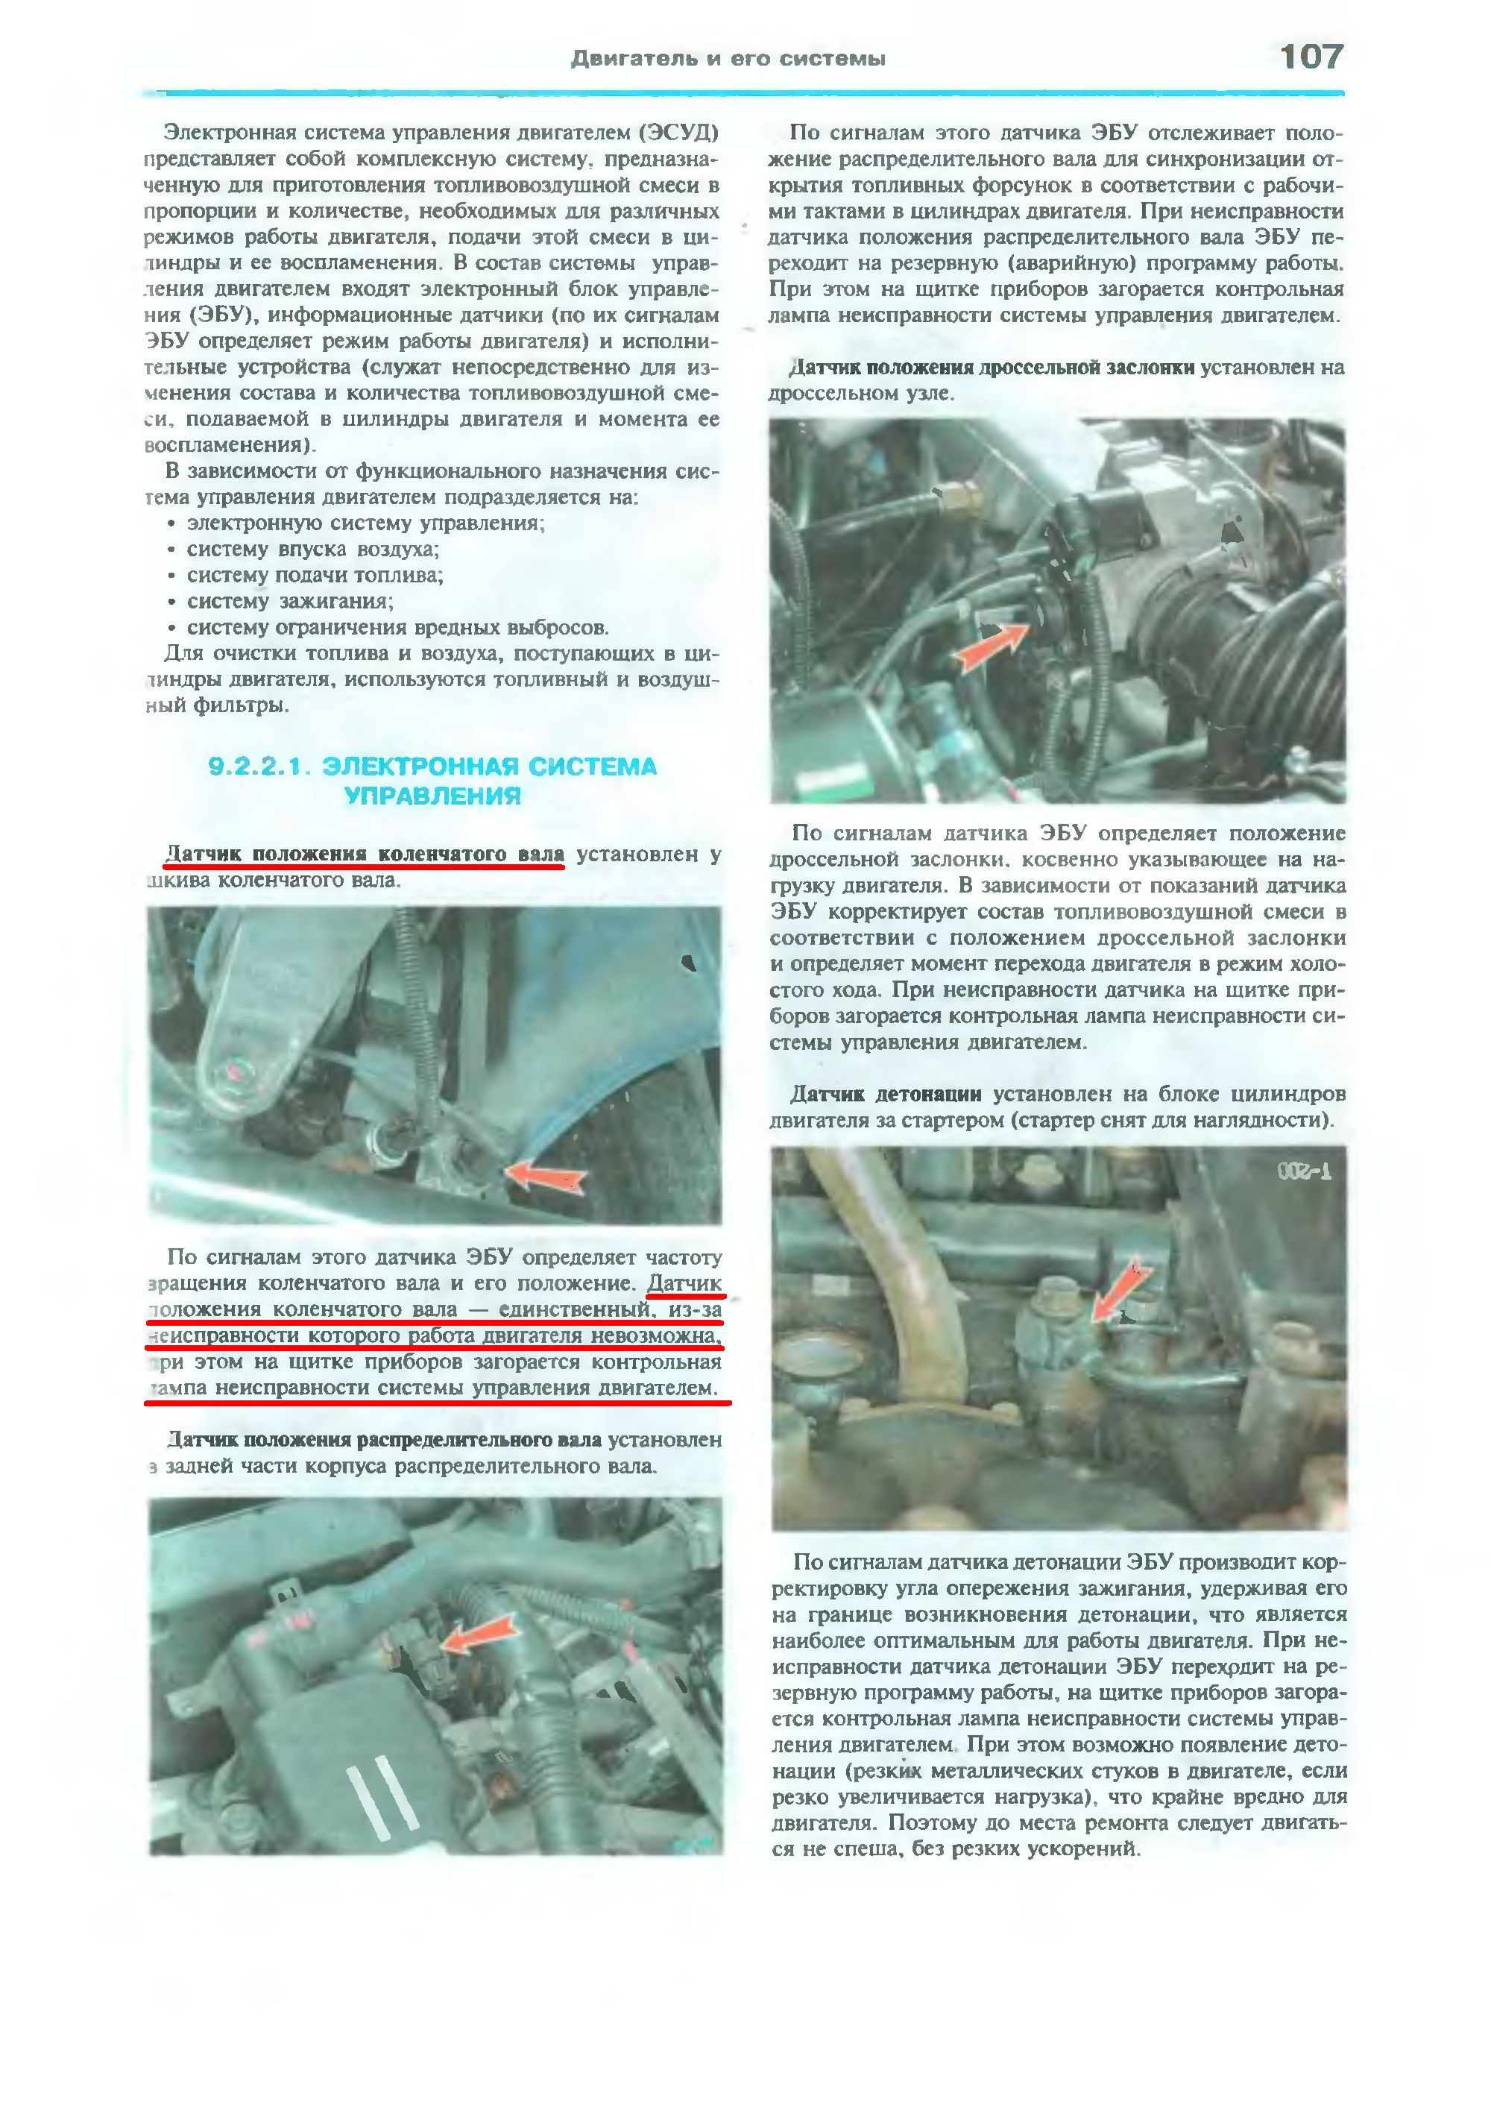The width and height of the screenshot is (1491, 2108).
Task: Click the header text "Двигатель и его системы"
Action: coord(728,60)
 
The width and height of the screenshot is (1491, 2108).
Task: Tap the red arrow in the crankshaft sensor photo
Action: coord(546,1176)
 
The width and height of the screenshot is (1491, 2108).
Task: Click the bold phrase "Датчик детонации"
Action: coord(885,1095)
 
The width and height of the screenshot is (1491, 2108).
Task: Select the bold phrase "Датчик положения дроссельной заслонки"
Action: coord(991,368)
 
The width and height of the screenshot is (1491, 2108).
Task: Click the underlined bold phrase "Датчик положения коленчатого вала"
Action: coord(365,855)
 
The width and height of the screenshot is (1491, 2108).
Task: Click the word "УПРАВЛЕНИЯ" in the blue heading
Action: coord(432,796)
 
